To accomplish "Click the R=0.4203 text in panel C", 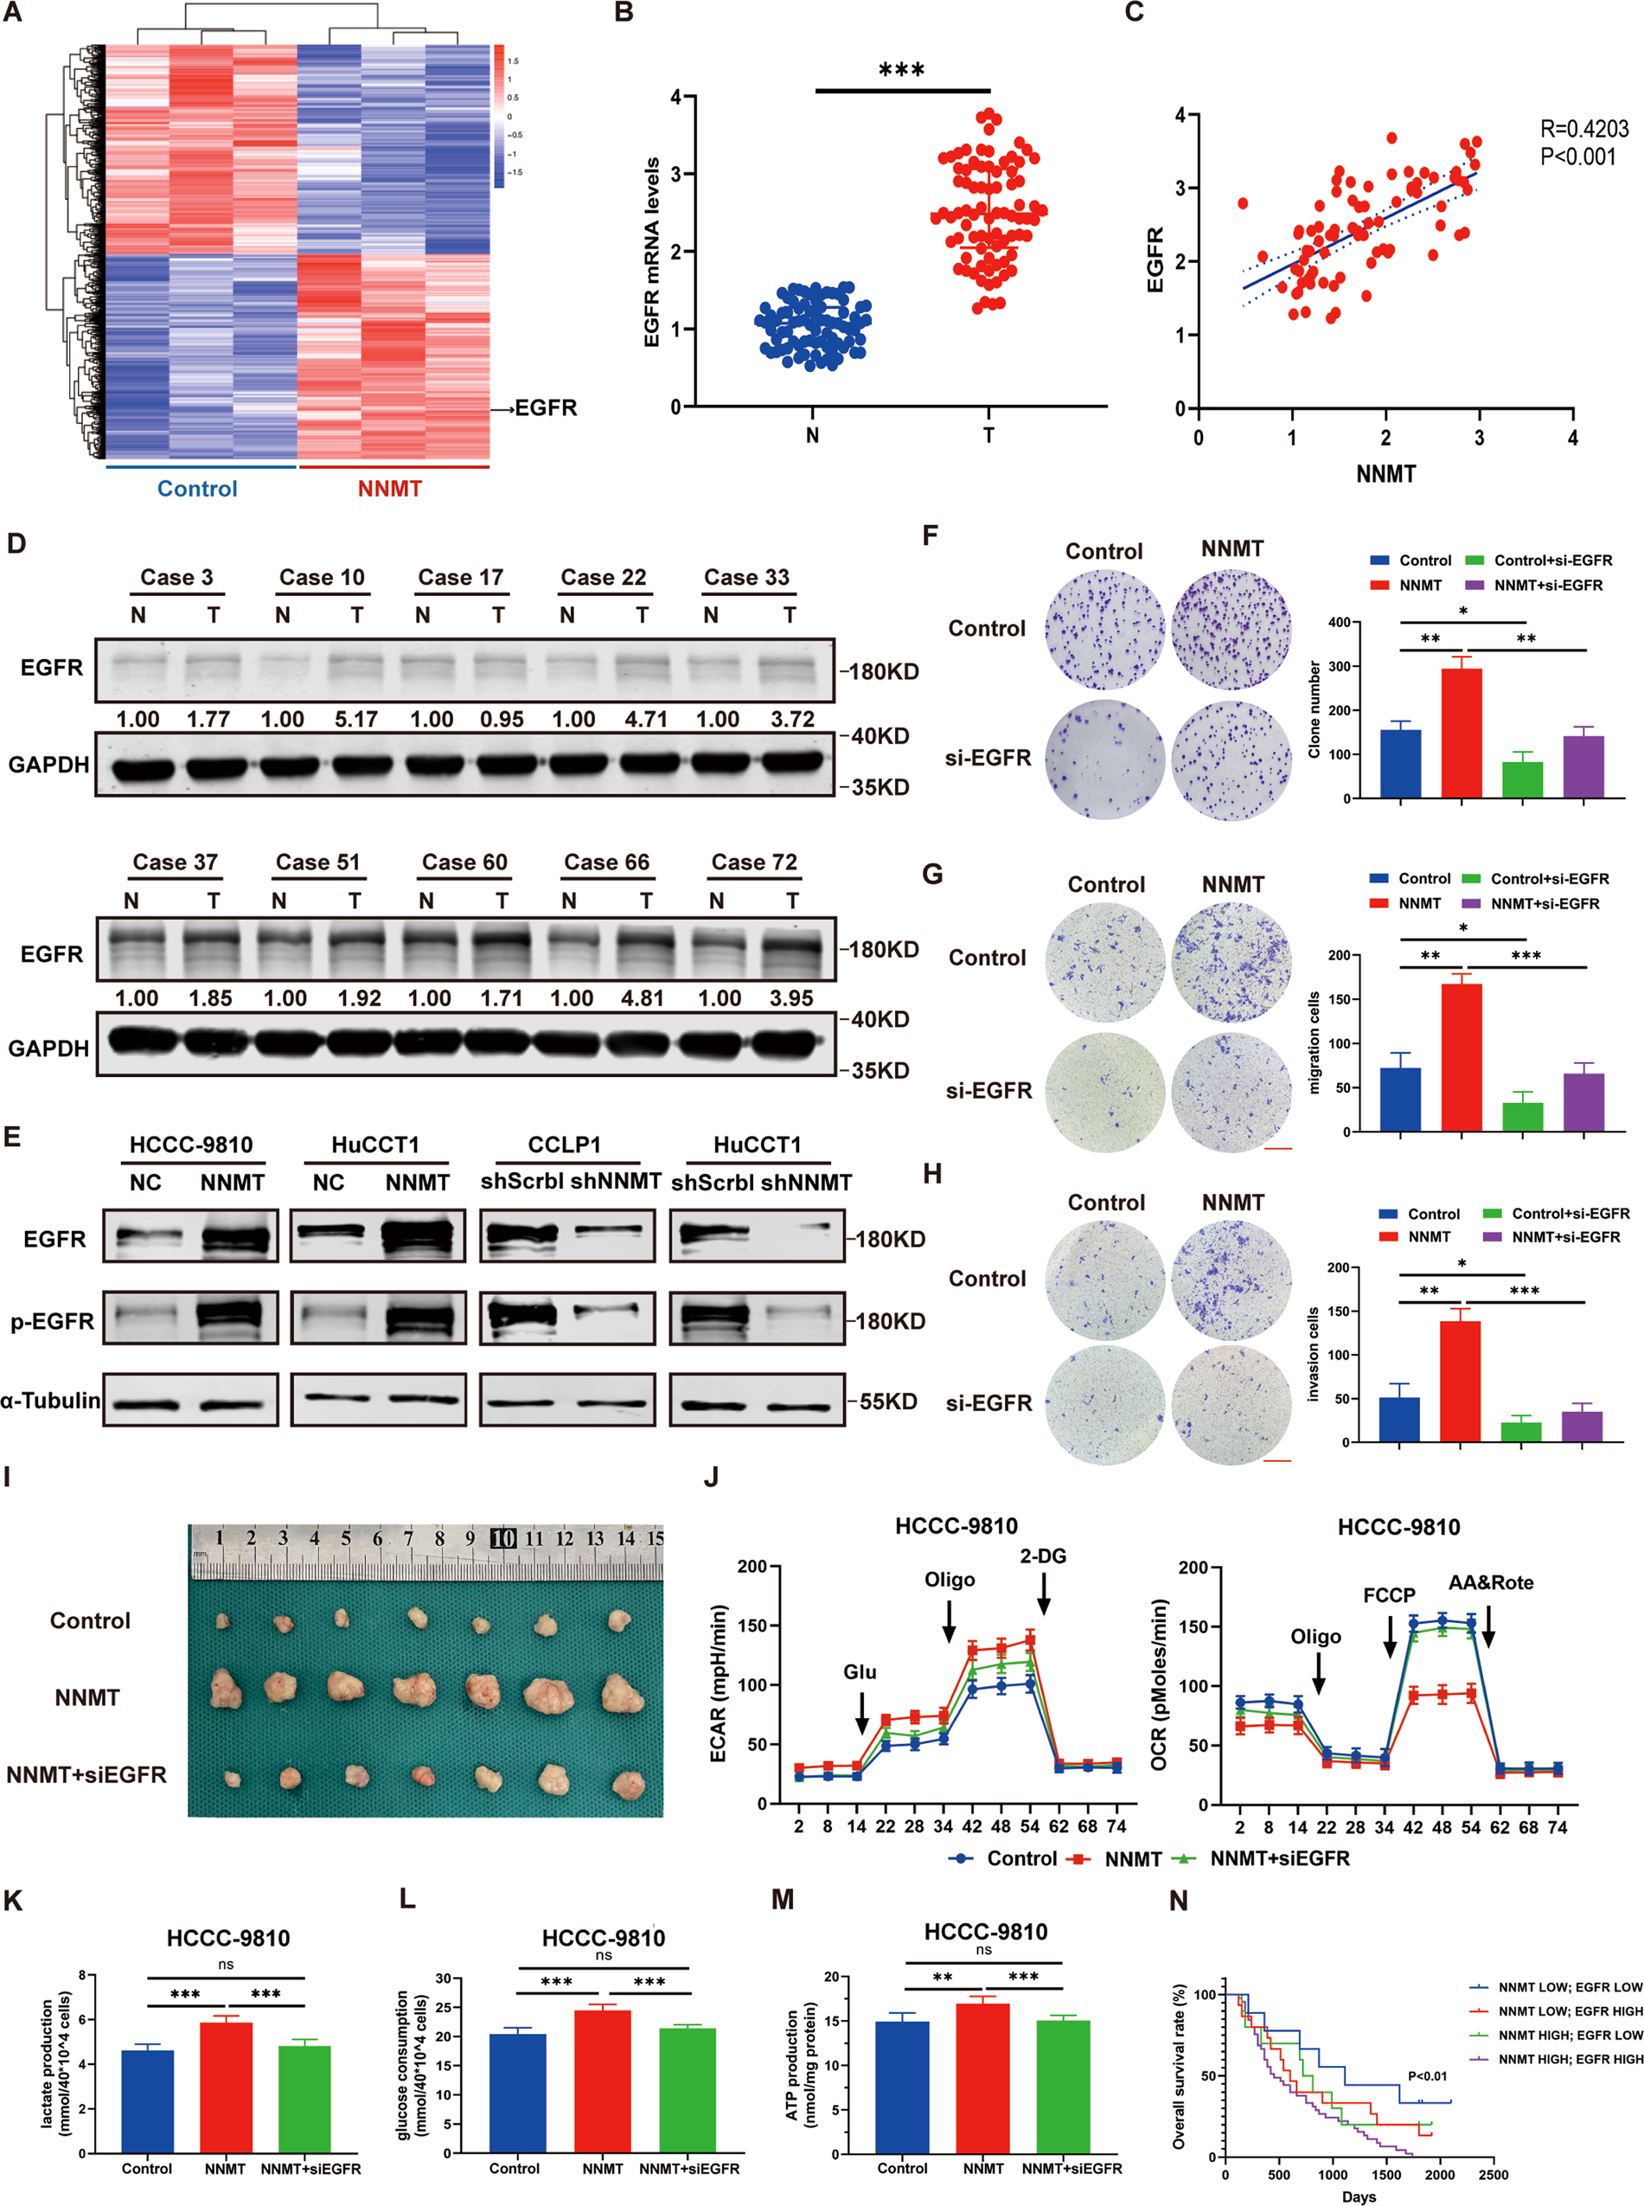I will (1584, 128).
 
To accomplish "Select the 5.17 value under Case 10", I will (355, 719).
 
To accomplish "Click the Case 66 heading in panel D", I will (606, 863).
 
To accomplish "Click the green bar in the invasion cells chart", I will (1520, 1432).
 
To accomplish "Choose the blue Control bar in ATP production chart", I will (902, 2086).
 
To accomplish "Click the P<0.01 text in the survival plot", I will (1427, 2076).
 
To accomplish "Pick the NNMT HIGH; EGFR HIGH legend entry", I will (1570, 2059).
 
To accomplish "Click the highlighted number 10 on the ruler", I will (503, 1538).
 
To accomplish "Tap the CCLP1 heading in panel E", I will (564, 1145).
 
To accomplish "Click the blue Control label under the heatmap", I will (197, 489).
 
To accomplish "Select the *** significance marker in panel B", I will (902, 70).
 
